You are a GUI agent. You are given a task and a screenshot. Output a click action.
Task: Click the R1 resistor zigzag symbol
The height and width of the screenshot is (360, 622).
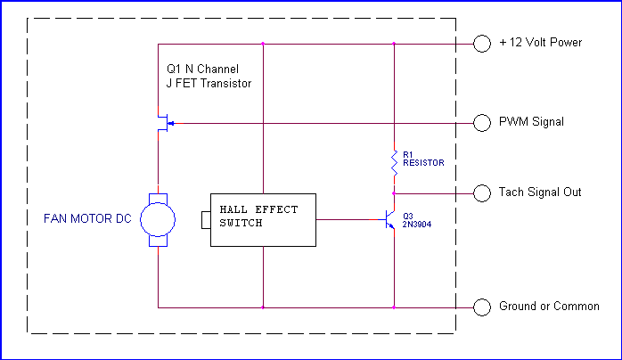[394, 163]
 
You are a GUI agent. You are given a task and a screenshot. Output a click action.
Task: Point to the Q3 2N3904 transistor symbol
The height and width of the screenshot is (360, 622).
[389, 219]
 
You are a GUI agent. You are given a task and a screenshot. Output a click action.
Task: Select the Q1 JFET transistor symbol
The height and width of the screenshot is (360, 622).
[166, 123]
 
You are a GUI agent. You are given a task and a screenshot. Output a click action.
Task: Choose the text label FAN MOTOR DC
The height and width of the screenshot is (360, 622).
[87, 219]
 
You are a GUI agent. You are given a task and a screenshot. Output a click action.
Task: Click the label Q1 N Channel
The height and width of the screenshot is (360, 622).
[202, 69]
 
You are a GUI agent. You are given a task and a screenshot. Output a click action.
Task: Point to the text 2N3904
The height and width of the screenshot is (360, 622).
[417, 225]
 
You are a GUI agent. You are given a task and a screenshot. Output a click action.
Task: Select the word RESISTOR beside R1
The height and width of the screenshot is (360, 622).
[423, 162]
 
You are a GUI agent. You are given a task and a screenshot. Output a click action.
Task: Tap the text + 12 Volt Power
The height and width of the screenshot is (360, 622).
[541, 43]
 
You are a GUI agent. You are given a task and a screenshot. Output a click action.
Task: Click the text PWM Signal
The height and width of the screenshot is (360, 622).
[531, 122]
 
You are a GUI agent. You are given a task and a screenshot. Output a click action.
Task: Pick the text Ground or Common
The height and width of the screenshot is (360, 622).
[549, 306]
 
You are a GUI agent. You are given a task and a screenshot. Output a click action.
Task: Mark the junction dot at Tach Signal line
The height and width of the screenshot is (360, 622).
[394, 193]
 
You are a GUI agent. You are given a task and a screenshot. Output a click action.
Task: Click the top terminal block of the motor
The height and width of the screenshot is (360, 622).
[158, 199]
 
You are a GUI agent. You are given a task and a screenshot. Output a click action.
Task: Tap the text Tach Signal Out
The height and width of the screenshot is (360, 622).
[540, 192]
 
